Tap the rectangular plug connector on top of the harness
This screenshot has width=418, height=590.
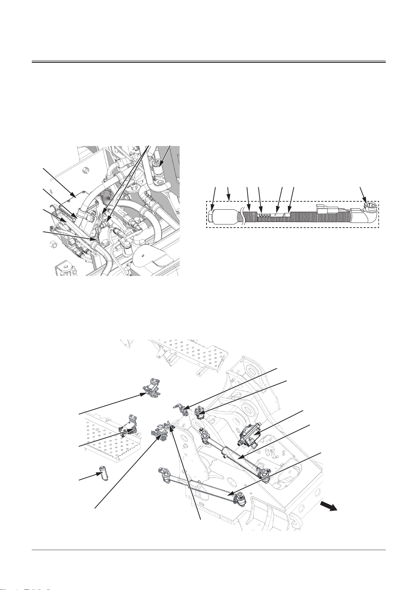pos(326,209)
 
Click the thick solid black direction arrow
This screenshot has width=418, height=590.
pos(329,507)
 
